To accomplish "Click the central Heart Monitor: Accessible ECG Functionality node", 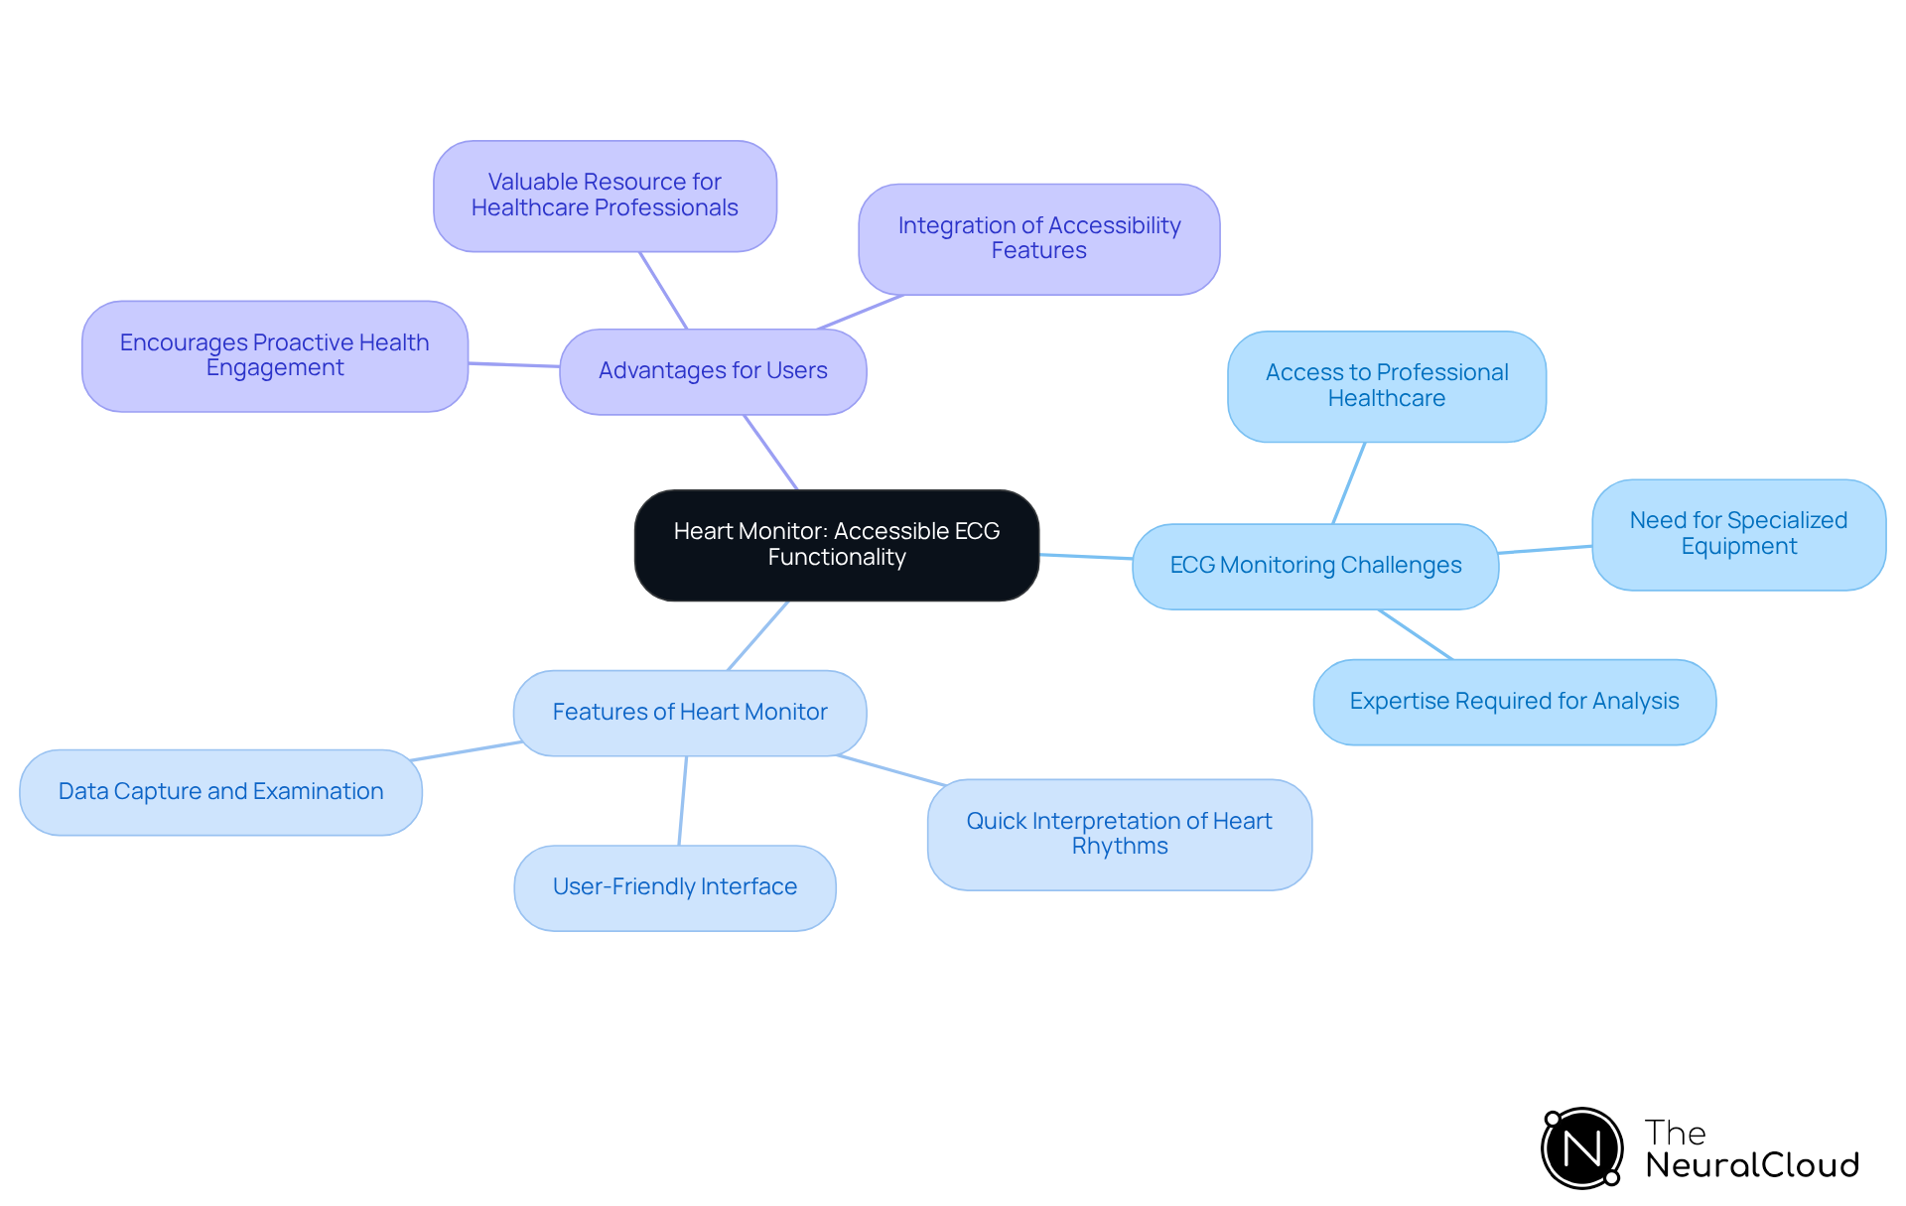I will tap(836, 544).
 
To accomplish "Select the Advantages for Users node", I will tap(713, 371).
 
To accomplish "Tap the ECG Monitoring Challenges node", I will tap(1314, 566).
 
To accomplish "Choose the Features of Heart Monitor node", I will tap(689, 713).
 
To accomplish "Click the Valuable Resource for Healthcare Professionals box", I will tap(605, 196).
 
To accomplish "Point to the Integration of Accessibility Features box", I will tap(1038, 238).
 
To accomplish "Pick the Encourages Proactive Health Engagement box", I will tap(274, 355).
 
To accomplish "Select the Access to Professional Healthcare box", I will tap(1386, 386).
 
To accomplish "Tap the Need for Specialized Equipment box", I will tap(1737, 534).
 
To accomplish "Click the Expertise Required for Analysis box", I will tap(1514, 702).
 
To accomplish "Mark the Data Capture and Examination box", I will tap(220, 792).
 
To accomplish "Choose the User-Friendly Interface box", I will tap(674, 887).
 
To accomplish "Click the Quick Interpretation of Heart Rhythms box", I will tap(1119, 834).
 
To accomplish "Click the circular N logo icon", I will tap(1581, 1148).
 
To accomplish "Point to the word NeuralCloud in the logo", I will tap(1751, 1165).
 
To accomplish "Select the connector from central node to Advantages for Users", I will tap(771, 453).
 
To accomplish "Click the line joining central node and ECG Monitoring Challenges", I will tap(1086, 557).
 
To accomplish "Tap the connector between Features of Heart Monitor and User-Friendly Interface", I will tap(683, 801).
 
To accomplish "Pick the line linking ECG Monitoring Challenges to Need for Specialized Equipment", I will tap(1546, 549).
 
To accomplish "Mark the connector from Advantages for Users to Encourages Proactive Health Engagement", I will tap(514, 364).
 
